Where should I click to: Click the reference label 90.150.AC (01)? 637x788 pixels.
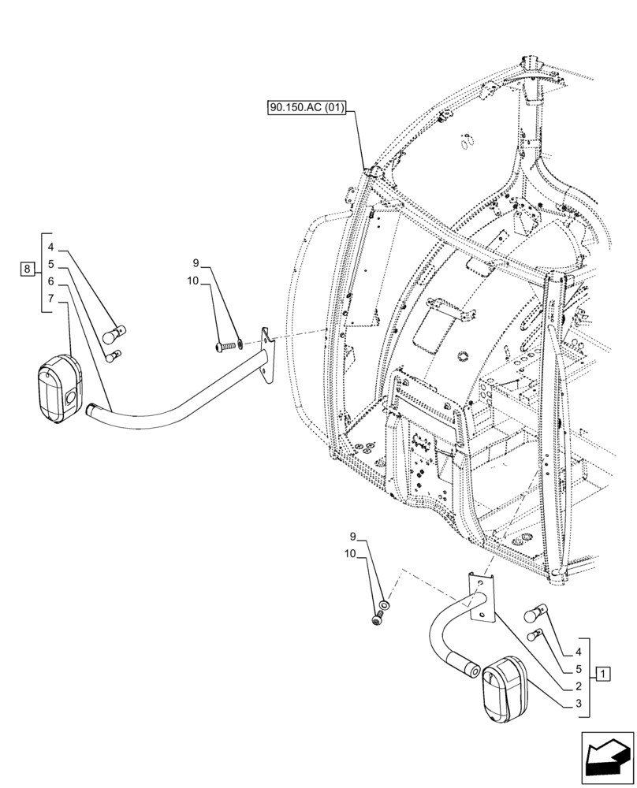point(305,108)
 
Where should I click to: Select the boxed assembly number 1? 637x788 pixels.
point(603,674)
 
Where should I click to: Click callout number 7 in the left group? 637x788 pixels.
point(50,299)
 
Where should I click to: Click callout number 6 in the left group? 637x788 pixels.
point(50,281)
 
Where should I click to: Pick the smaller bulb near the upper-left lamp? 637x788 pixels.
point(114,356)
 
